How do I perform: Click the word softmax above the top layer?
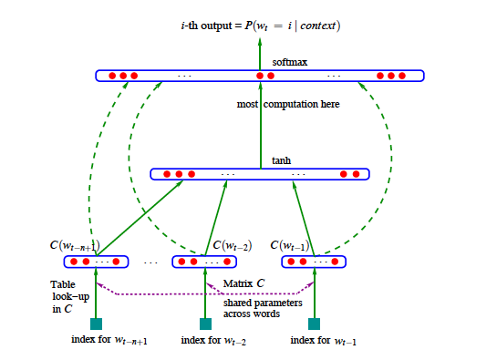pyautogui.click(x=261, y=60)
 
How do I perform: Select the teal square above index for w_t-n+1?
pyautogui.click(x=97, y=324)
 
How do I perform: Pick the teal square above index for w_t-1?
pyautogui.click(x=315, y=324)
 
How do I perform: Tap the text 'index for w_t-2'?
pyautogui.click(x=213, y=341)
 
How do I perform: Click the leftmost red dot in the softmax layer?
pyautogui.click(x=111, y=75)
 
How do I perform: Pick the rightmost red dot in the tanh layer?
pyautogui.click(x=356, y=173)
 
